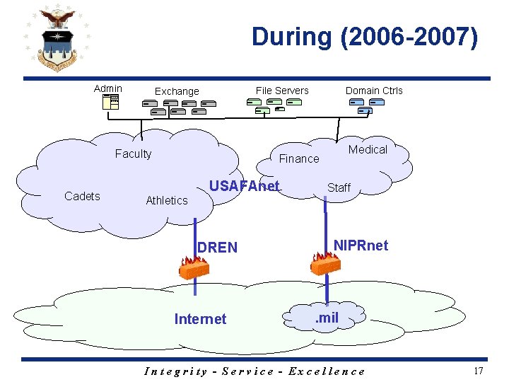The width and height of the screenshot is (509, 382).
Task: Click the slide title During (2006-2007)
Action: pyautogui.click(x=365, y=37)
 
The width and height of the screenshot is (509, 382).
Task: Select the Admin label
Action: pyautogui.click(x=107, y=88)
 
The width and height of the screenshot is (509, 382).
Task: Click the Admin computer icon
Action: pyautogui.click(x=110, y=102)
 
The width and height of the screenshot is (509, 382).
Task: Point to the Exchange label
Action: pyautogui.click(x=177, y=91)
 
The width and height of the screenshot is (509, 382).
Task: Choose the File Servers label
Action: pyautogui.click(x=282, y=90)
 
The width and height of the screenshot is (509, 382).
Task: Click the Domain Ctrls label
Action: pyautogui.click(x=374, y=90)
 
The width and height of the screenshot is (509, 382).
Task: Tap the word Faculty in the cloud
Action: pyautogui.click(x=133, y=154)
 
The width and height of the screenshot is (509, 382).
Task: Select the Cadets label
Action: pyautogui.click(x=82, y=196)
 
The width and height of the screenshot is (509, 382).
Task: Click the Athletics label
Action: pyautogui.click(x=166, y=200)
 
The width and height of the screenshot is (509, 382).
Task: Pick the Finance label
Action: pyautogui.click(x=299, y=158)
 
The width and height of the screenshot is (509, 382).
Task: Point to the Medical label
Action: pyautogui.click(x=368, y=149)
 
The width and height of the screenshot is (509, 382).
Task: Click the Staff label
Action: pyautogui.click(x=339, y=187)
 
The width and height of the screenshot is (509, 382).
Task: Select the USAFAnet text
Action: pyautogui.click(x=245, y=186)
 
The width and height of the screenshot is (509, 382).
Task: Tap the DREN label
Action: pyautogui.click(x=217, y=247)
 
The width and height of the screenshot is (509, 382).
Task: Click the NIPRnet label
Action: pyautogui.click(x=361, y=245)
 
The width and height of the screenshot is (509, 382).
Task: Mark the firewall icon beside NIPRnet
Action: pyautogui.click(x=325, y=264)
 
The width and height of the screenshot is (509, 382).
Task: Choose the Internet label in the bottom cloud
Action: pyautogui.click(x=200, y=319)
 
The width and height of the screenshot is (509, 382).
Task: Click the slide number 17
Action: pyautogui.click(x=479, y=371)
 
